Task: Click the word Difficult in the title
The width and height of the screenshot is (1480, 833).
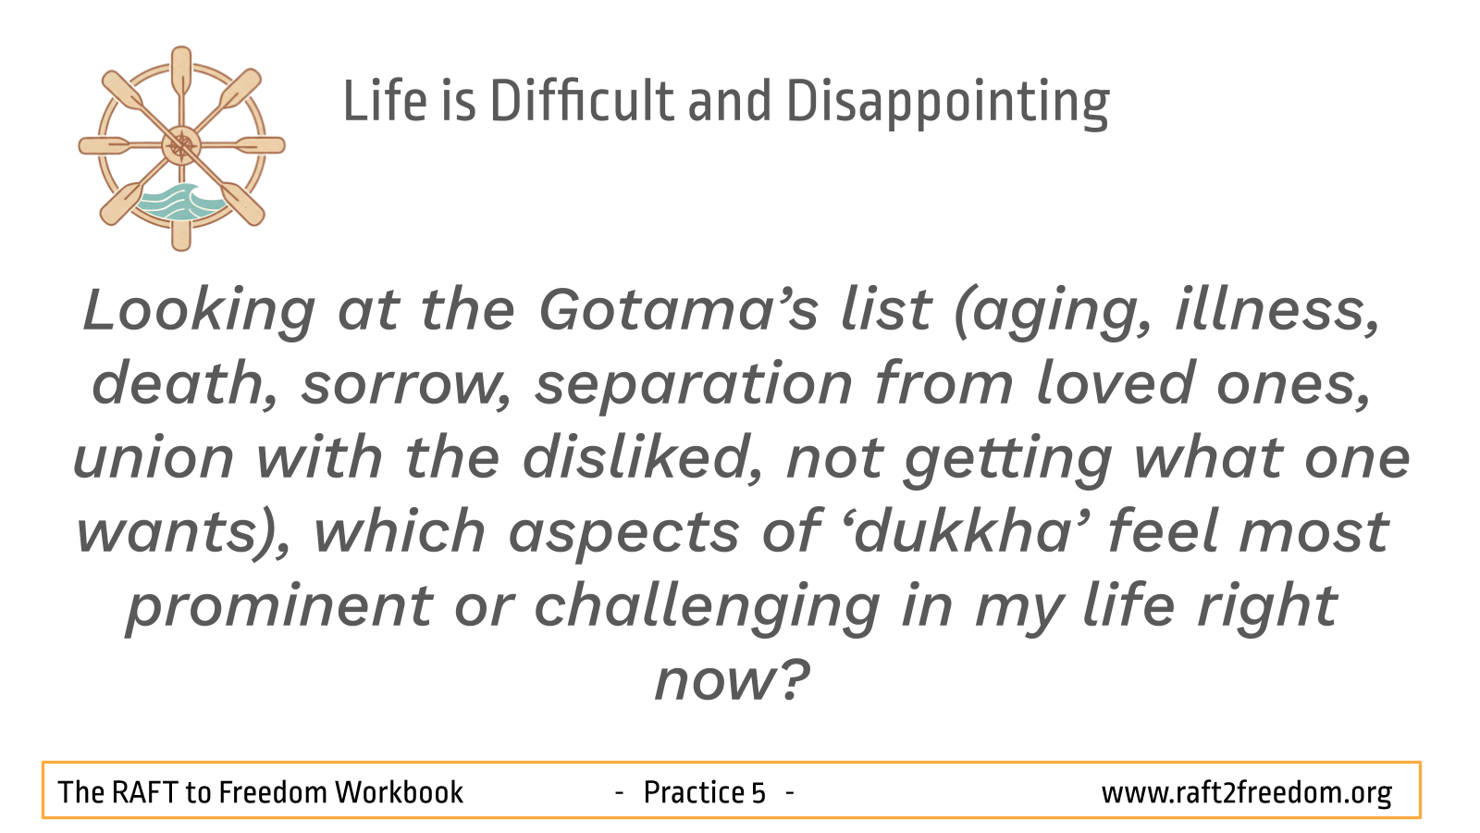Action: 582,101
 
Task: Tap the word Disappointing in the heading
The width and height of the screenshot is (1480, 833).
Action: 948,105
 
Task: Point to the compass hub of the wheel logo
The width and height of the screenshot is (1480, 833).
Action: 181,145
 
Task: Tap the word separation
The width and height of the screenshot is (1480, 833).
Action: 693,386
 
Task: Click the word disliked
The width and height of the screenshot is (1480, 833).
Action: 643,458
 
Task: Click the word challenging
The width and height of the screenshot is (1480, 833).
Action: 707,607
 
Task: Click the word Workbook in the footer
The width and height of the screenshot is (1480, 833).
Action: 399,792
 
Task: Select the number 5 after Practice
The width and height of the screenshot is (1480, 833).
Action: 758,792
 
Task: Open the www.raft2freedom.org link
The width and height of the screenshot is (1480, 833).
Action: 1246,793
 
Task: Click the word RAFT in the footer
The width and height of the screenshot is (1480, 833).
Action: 144,792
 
